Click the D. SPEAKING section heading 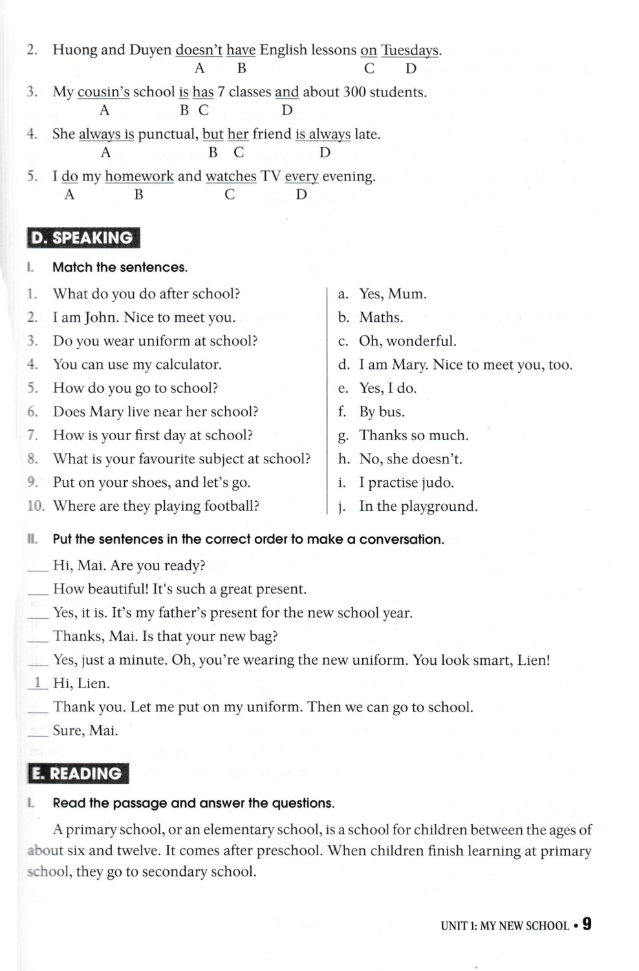click(x=83, y=238)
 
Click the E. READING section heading click(x=78, y=774)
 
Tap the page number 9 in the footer click(x=586, y=924)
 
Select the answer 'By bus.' click(x=382, y=412)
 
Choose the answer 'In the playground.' click(x=418, y=506)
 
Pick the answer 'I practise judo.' click(x=406, y=483)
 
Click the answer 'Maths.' click(x=381, y=318)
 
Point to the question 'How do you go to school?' click(x=135, y=388)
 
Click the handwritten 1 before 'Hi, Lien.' click(x=38, y=682)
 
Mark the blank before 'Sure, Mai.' click(x=38, y=731)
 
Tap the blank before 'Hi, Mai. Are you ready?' click(x=38, y=566)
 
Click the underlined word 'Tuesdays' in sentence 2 click(x=410, y=50)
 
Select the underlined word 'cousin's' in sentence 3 click(x=103, y=93)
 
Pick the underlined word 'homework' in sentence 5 click(x=139, y=177)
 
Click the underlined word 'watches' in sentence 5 click(x=231, y=177)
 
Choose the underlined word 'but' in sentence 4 click(x=213, y=135)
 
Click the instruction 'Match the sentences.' click(x=120, y=267)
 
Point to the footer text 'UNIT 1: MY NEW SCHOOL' click(x=504, y=926)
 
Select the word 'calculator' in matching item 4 click(x=188, y=364)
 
